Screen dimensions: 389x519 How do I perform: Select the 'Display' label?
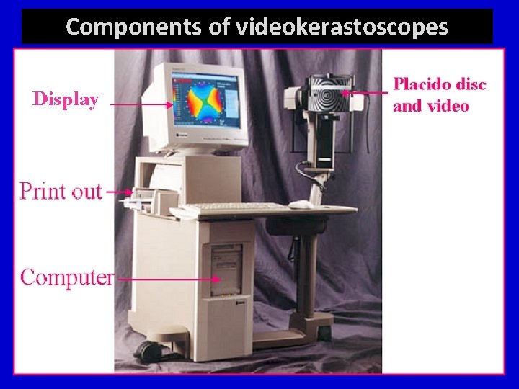(x=65, y=99)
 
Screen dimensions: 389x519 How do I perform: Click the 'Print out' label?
(x=61, y=191)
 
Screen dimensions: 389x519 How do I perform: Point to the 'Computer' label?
(x=66, y=277)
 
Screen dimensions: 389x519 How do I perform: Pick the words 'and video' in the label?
(x=431, y=107)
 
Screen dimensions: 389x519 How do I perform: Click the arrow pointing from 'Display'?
(x=141, y=104)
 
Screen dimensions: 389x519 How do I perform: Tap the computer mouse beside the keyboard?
(x=301, y=205)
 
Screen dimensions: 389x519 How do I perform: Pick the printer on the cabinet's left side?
(x=148, y=195)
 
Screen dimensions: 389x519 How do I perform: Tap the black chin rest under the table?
(x=285, y=226)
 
